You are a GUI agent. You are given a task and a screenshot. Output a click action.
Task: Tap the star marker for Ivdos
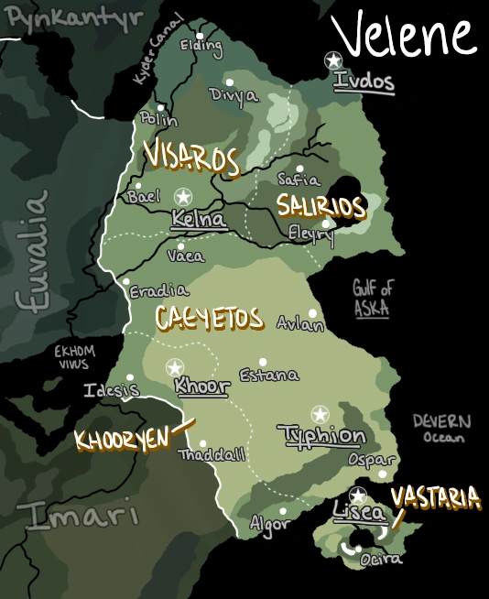coord(333,60)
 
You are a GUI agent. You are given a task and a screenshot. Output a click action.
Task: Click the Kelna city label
coord(199,220)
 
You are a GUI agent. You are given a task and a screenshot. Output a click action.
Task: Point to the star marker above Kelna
coord(183,196)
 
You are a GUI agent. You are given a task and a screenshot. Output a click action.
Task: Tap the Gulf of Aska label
coord(372,299)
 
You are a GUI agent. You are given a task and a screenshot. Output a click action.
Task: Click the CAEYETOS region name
coord(210,319)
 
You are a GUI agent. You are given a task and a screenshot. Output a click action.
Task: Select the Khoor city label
coord(201,387)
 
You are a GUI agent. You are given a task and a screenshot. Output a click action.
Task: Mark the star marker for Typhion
coord(319,414)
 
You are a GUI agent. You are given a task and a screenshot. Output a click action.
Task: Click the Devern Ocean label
coord(441,429)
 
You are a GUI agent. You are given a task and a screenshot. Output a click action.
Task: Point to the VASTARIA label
coord(435,498)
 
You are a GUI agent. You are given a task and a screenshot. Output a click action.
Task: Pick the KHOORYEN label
coord(122,440)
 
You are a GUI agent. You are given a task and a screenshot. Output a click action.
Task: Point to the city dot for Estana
coord(263,362)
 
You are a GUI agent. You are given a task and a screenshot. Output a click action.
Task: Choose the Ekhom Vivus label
coord(74,356)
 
